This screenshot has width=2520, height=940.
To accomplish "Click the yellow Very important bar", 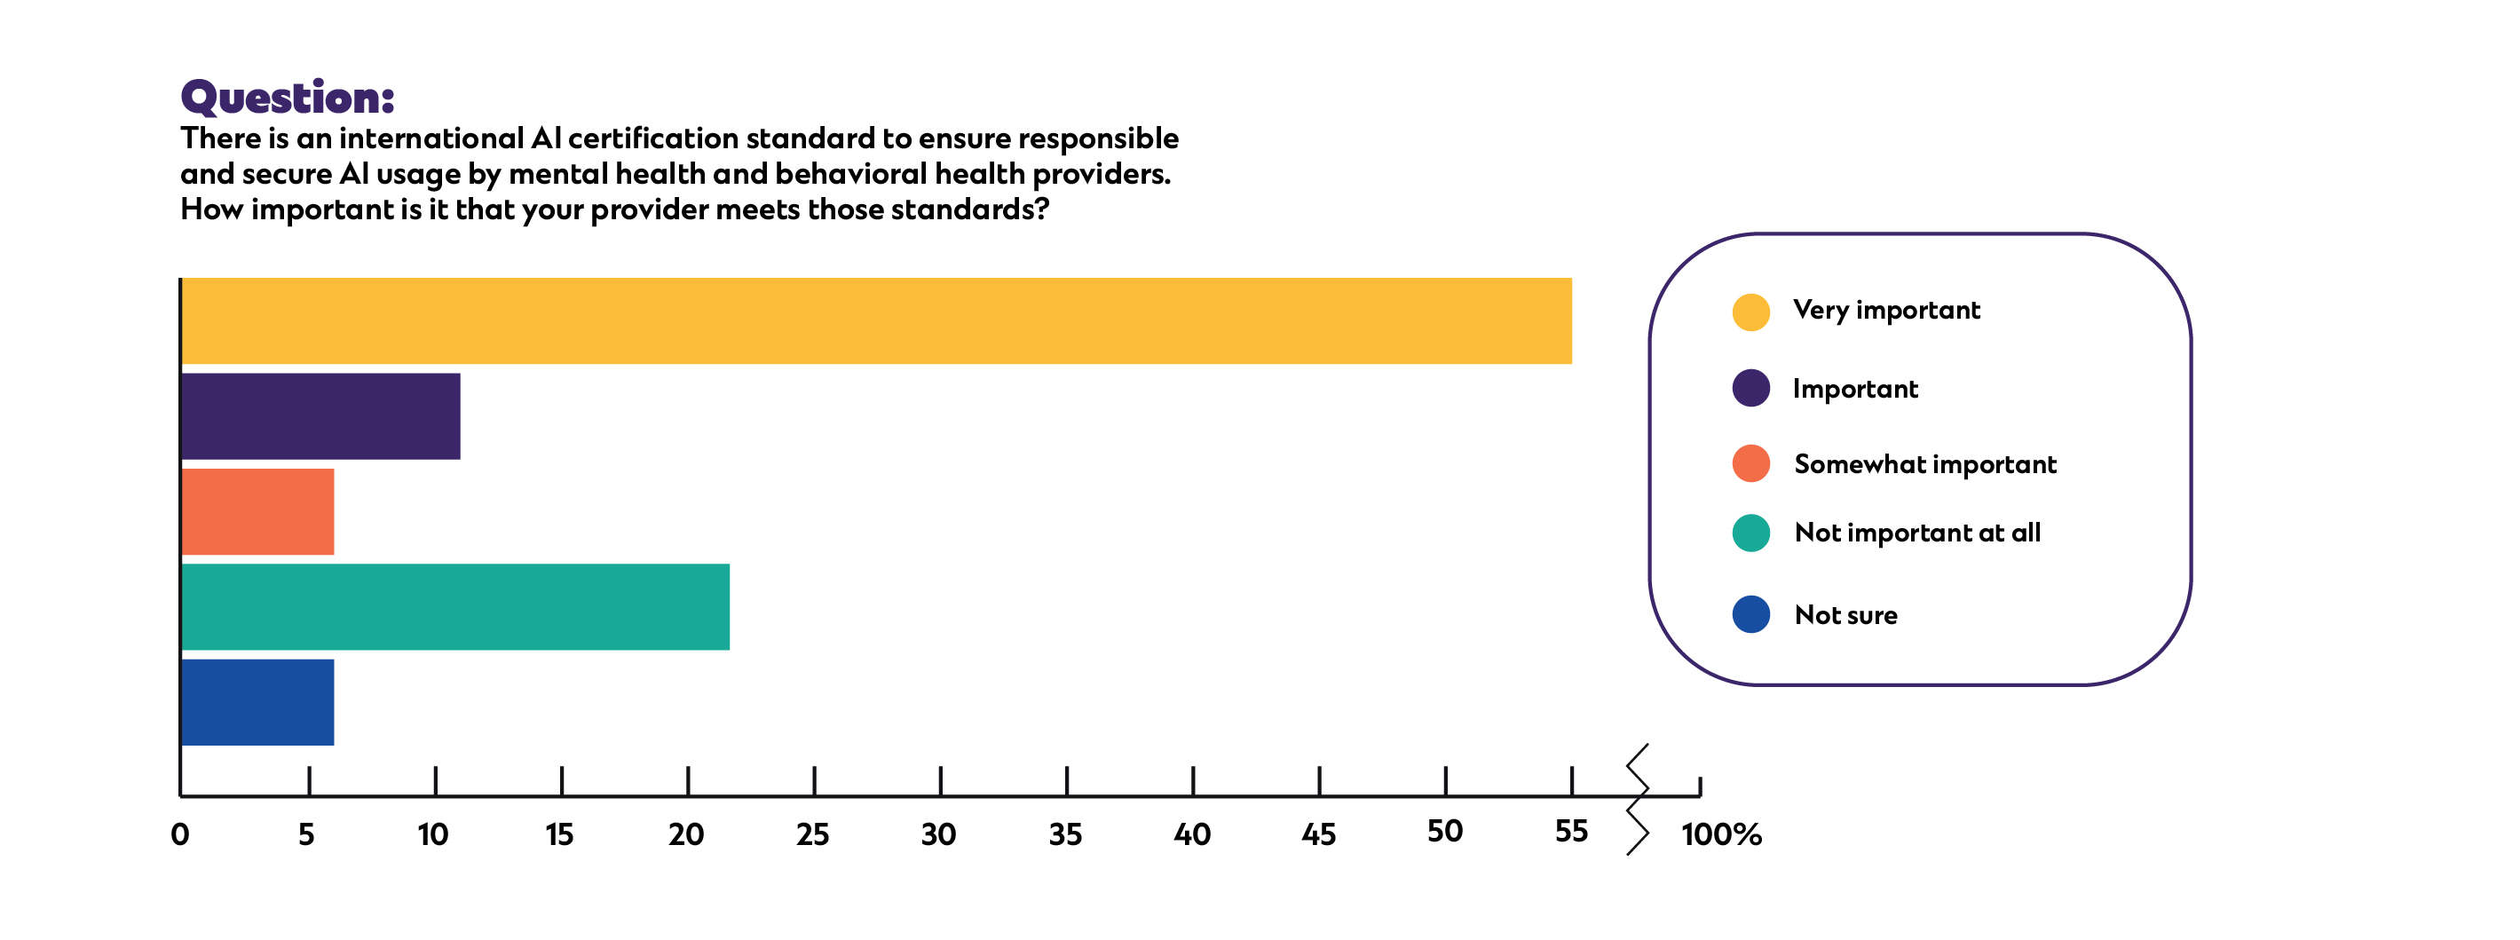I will [x=875, y=320].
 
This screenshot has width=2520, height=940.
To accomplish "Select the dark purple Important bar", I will [x=320, y=415].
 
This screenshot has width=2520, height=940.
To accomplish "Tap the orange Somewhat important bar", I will [x=258, y=511].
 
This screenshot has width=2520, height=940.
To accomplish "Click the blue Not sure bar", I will [x=258, y=702].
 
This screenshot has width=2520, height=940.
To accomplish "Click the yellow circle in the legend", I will [x=1750, y=312].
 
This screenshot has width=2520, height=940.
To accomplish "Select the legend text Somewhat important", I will [x=1924, y=463].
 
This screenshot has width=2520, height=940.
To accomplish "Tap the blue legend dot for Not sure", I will [x=1750, y=614].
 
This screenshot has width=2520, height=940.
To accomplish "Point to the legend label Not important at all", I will [x=1916, y=533].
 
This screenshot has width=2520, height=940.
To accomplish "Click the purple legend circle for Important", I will [x=1750, y=388].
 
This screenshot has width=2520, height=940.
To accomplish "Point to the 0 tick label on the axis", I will [x=180, y=834].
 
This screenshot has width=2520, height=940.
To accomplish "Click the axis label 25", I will [x=812, y=834].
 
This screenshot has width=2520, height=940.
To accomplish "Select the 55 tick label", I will [x=1571, y=832].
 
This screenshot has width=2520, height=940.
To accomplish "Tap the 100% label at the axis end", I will [x=1721, y=834].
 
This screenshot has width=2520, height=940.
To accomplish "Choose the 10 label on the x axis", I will [x=432, y=834].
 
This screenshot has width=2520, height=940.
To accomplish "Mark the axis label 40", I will [x=1191, y=834].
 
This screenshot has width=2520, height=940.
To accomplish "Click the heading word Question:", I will [x=288, y=98].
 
